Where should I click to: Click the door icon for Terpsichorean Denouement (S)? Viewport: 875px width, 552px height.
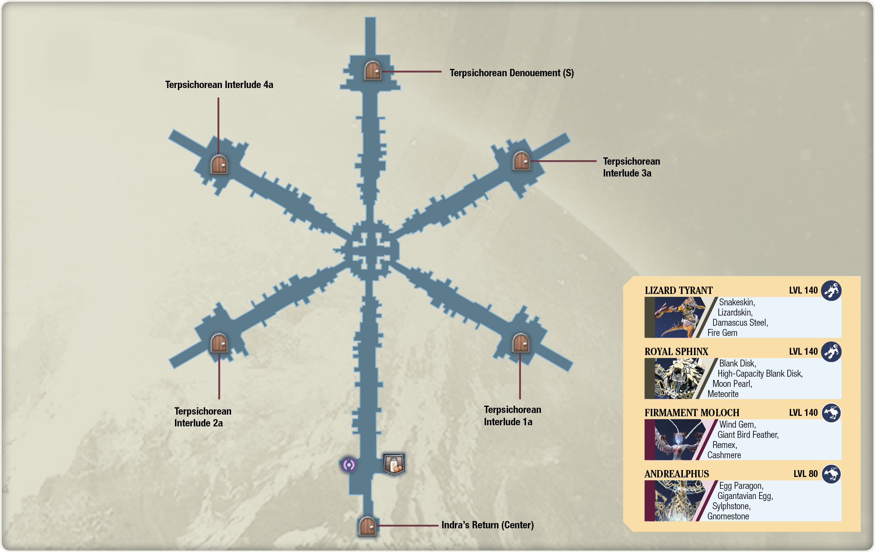point(372,70)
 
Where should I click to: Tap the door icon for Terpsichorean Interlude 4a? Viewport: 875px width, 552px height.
point(219,164)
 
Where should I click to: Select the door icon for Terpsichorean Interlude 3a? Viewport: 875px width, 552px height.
point(521,161)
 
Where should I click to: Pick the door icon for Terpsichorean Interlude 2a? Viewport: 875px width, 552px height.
point(219,343)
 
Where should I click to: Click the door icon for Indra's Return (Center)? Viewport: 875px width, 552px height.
point(367,526)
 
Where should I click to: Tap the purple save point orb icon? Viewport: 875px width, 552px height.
point(349,464)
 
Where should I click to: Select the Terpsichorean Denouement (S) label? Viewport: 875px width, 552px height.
point(512,73)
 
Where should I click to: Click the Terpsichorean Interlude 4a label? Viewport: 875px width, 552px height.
point(219,85)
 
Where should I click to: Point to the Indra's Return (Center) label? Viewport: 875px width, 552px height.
point(487,525)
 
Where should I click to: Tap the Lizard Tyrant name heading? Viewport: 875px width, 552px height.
point(679,290)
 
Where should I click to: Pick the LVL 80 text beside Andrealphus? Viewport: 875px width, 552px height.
point(806,474)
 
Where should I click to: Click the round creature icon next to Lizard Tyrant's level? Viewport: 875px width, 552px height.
point(831,291)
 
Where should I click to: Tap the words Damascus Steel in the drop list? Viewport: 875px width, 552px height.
point(740,322)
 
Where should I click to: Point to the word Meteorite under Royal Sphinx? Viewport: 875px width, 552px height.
point(723,394)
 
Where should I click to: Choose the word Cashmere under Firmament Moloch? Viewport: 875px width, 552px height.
point(724,455)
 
